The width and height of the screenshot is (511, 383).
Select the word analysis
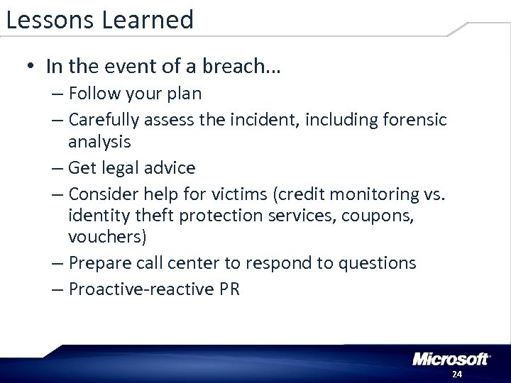point(99,141)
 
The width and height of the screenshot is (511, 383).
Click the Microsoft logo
point(451,358)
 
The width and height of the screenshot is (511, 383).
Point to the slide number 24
point(456,374)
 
